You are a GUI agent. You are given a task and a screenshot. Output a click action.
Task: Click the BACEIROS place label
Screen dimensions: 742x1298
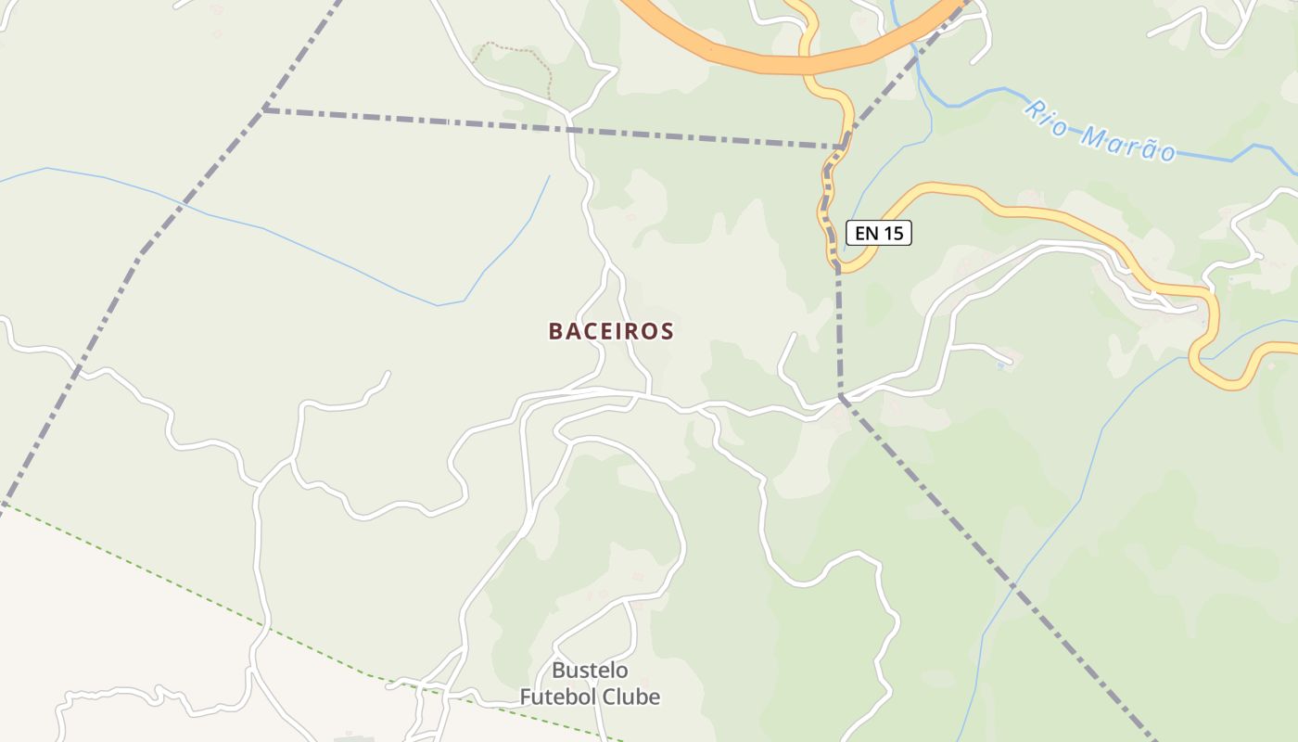[x=611, y=331]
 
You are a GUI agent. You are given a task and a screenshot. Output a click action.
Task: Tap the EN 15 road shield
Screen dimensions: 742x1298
[x=879, y=233]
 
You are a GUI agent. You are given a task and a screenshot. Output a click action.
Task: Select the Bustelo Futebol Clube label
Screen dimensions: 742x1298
[x=590, y=684]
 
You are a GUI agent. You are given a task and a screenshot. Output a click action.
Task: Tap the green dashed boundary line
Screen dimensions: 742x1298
[x=185, y=586]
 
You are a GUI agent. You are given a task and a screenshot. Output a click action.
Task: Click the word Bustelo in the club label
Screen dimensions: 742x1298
[x=590, y=671]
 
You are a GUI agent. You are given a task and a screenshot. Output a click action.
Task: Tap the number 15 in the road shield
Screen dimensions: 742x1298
[x=892, y=233]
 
